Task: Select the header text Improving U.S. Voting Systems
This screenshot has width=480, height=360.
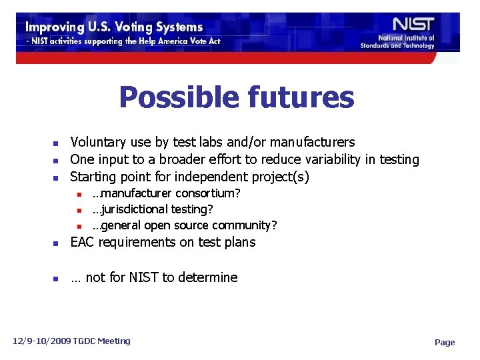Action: click(x=113, y=27)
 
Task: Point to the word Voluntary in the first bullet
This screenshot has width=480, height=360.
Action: click(x=98, y=142)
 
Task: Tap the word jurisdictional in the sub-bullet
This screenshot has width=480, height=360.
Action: click(x=136, y=209)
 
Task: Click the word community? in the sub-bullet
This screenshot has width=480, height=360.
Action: click(x=247, y=225)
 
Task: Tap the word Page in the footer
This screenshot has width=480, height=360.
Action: click(x=445, y=342)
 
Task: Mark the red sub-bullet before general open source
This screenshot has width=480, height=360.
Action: click(x=79, y=226)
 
